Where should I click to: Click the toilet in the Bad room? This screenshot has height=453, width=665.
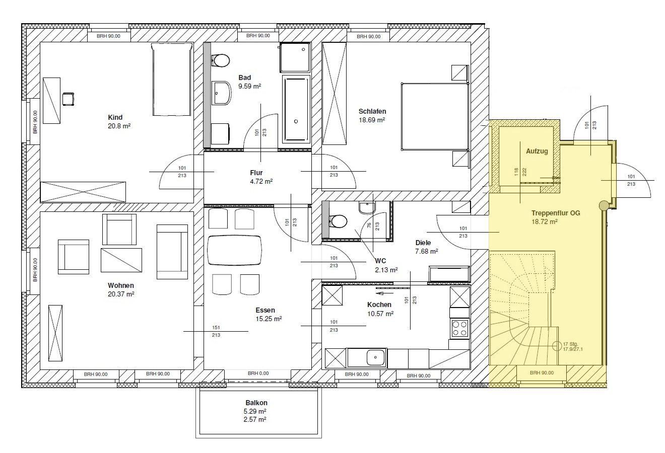[x=221, y=61]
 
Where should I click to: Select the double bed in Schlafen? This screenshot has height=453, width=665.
[x=435, y=116]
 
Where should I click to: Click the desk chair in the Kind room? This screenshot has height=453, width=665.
[x=69, y=99]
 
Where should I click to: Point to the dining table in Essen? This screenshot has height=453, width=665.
[x=235, y=250]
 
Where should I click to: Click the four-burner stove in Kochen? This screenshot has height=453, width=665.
[x=459, y=328]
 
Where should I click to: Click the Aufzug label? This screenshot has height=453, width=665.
[x=537, y=151]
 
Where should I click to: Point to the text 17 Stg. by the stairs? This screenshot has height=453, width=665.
[x=570, y=344]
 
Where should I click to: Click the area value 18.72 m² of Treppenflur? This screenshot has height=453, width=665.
[x=545, y=221]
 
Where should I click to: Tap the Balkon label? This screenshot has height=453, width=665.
[x=256, y=403]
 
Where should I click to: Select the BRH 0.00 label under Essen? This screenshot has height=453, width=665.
[x=258, y=373]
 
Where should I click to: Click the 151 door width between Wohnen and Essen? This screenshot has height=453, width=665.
[x=216, y=328]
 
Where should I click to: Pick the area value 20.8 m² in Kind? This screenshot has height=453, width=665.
[x=119, y=126]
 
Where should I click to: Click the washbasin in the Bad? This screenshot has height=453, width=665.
[x=222, y=93]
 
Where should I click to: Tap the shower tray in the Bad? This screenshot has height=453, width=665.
[x=295, y=57]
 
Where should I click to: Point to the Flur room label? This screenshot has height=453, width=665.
[x=256, y=173]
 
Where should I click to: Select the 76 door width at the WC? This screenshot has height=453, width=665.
[x=369, y=225]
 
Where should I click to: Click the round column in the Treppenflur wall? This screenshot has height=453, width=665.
[x=604, y=205]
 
